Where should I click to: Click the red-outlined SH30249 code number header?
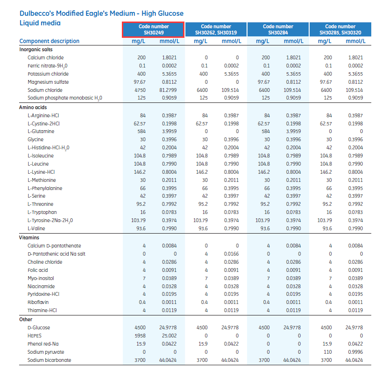pos(153,29)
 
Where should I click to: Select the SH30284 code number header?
pos(278,29)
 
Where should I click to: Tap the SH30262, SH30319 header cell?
pos(216,29)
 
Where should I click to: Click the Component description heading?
pos(49,41)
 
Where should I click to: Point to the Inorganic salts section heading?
pos(36,49)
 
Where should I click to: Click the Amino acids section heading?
pos(32,107)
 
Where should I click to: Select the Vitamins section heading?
pos(29,237)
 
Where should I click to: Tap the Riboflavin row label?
pos(38,302)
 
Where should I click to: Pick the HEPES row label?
pos(35,336)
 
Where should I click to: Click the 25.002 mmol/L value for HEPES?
pos(169,336)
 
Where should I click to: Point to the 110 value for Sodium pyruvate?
pos(328,352)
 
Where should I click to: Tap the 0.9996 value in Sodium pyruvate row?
pos(355,352)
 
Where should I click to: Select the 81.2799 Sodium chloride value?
pos(169,90)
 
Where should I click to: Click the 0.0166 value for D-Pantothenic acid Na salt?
pos(231,254)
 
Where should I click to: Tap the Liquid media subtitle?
pos(40,23)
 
